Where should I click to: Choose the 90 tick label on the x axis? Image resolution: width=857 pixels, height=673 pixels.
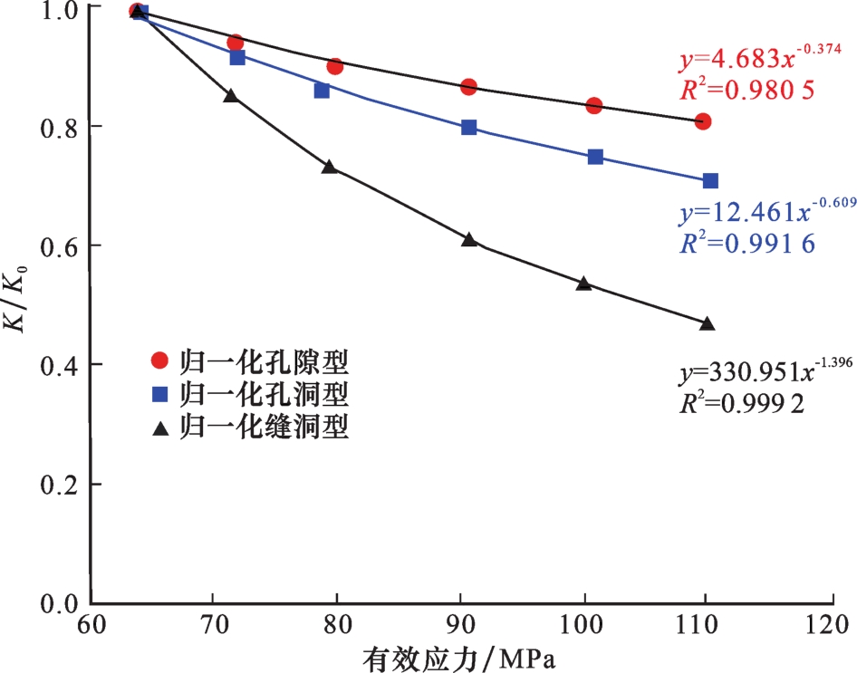461,626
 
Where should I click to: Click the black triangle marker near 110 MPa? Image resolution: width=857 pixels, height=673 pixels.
708,323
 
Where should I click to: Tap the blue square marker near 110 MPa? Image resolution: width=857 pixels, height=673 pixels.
710,181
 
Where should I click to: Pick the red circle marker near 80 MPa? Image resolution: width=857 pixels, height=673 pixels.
335,66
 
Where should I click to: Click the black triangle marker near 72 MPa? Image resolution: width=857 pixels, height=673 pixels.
231,95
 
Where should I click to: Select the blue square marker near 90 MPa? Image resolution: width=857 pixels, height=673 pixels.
469,127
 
